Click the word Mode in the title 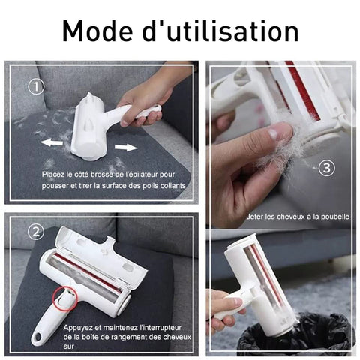(97, 31)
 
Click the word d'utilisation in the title (220, 31)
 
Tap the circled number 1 (36, 86)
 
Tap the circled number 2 (36, 232)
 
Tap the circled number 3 (327, 168)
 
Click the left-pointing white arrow (52, 142)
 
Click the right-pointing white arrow (126, 147)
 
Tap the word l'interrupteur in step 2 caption (160, 328)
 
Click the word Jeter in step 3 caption (255, 217)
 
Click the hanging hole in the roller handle (38, 337)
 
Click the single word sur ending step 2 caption (68, 346)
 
